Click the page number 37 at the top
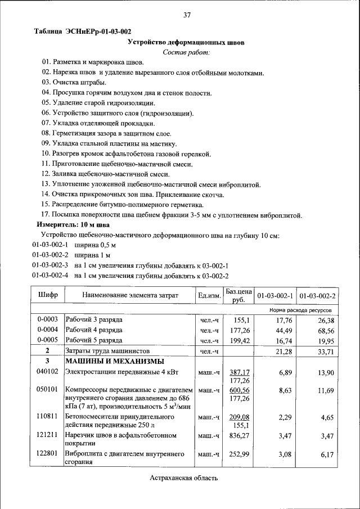point(187,15)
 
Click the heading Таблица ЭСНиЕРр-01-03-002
point(83,31)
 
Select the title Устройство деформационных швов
point(186,42)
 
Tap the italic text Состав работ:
point(186,52)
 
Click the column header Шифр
point(48,295)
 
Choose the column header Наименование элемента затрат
point(130,295)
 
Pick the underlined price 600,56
point(239,390)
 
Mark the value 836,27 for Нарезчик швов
point(239,435)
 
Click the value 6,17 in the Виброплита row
point(327,454)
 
